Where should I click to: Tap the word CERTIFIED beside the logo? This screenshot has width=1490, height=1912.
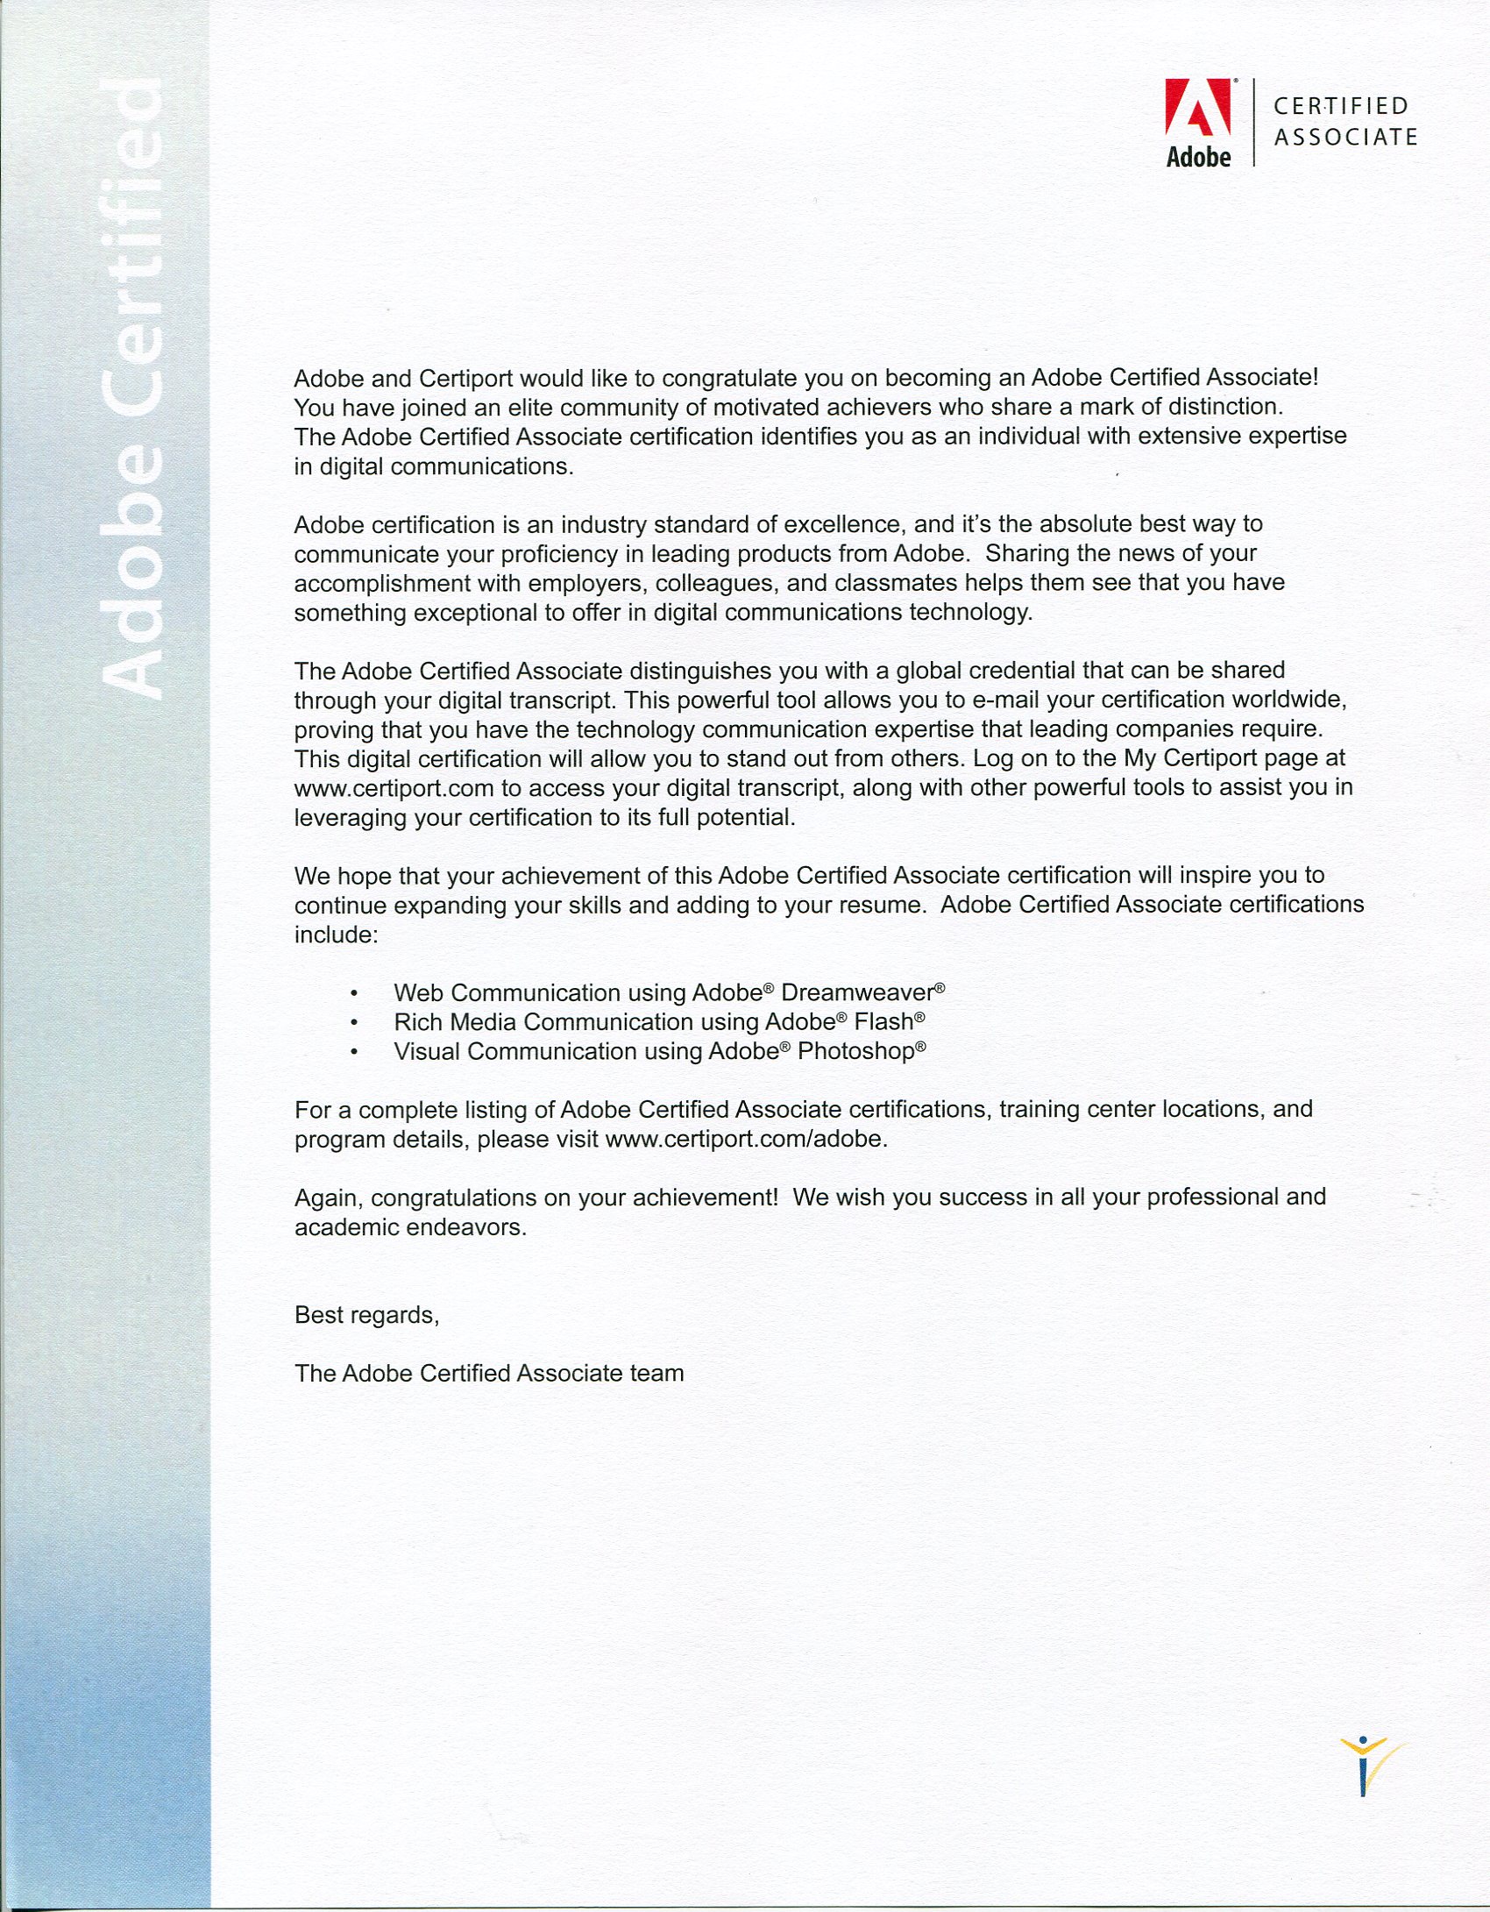[x=1340, y=106]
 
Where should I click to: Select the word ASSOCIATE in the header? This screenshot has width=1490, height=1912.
[x=1345, y=138]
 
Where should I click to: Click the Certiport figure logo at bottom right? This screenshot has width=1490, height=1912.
[x=1367, y=1765]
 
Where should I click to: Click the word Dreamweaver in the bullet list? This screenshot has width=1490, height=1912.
[x=856, y=992]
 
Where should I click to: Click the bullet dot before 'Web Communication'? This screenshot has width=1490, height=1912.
[x=353, y=994]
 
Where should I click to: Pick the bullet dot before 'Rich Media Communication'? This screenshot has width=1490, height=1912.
[x=353, y=1023]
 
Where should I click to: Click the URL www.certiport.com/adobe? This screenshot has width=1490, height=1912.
[x=745, y=1139]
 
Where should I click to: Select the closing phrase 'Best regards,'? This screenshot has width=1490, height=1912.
[x=366, y=1315]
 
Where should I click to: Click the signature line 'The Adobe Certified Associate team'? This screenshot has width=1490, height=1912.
[x=489, y=1373]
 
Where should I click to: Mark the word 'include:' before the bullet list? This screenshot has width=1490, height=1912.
[x=336, y=935]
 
